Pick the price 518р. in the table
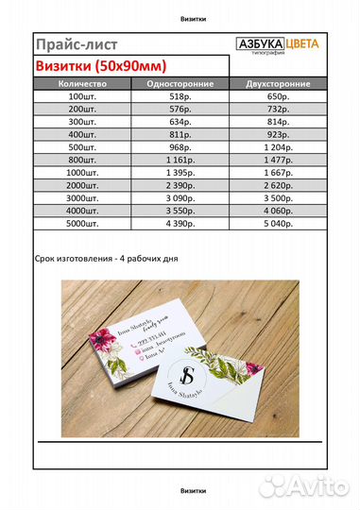tap(179, 97)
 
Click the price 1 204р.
tap(281, 149)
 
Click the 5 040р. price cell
tap(281, 227)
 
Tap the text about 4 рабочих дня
tap(105, 258)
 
